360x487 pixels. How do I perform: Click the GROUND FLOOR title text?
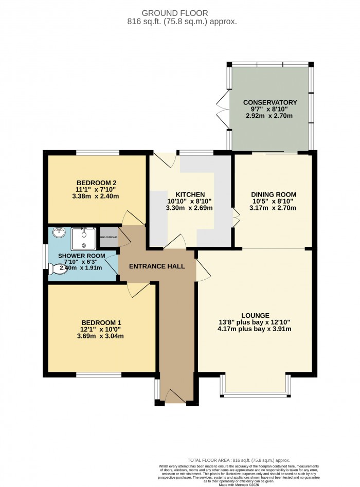pos(180,13)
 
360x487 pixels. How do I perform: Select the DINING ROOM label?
pos(274,194)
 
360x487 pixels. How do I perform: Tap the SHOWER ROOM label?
pos(81,256)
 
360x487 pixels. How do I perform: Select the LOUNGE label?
pos(255,315)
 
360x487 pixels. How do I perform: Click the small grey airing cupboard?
pos(109,237)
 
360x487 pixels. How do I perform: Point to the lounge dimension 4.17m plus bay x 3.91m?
pos(255,330)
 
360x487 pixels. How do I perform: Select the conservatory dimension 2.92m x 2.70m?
pos(270,116)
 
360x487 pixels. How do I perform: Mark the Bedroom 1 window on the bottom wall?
pos(99,374)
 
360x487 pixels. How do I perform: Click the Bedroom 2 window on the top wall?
pos(98,152)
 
